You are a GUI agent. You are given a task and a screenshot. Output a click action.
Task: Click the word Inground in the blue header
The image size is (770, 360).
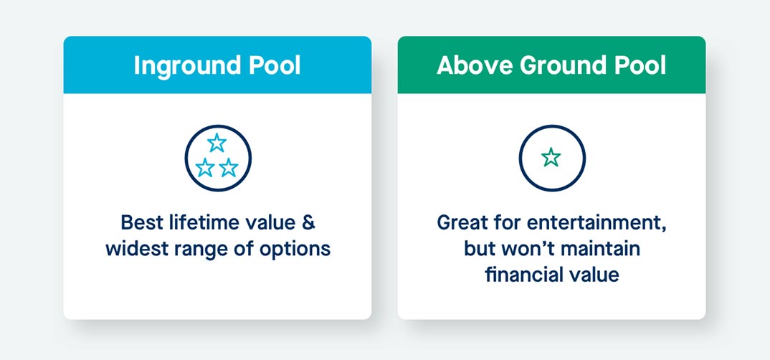187,66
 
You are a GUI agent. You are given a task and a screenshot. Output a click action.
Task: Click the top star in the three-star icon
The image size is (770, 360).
217,143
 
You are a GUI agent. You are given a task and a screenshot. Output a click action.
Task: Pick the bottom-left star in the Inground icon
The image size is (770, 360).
205,168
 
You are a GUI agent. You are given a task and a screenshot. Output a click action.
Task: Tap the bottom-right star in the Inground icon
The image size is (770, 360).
229,168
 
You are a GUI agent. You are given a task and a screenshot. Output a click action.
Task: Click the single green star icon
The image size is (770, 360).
551,157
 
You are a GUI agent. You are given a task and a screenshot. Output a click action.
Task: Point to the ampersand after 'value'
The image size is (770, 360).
308,222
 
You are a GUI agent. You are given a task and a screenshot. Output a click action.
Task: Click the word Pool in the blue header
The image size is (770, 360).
274,65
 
